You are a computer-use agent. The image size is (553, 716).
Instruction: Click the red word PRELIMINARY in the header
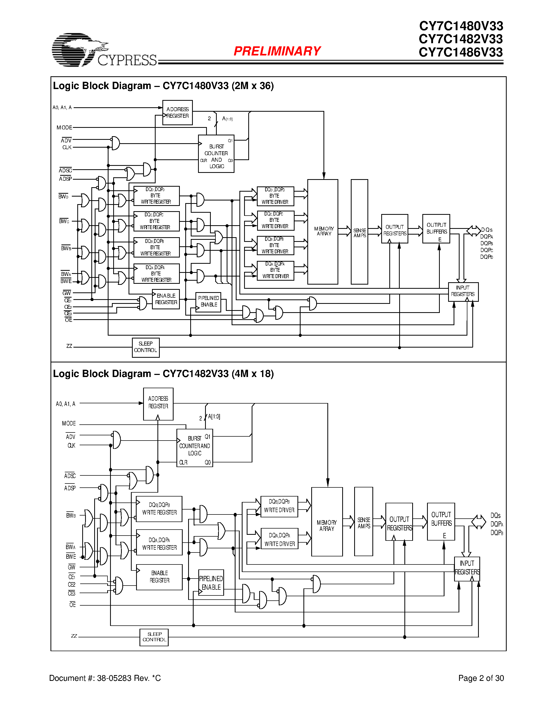point(277,51)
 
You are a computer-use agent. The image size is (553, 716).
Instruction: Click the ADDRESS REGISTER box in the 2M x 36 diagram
point(177,112)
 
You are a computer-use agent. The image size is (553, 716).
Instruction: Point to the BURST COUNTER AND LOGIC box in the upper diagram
point(216,154)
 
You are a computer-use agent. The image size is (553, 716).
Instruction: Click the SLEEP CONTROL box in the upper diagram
point(145,347)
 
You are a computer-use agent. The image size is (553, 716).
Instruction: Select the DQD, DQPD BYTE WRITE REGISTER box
point(156,196)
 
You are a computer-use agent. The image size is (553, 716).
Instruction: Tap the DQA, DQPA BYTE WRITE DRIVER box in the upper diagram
point(275,271)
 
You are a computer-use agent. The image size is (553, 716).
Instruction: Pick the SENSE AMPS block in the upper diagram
point(359,231)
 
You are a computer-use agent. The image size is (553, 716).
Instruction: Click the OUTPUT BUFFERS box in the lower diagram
point(441,522)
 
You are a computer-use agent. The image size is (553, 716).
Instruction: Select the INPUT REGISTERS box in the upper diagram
point(463,291)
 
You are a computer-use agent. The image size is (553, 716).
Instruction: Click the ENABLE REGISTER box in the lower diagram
point(159,577)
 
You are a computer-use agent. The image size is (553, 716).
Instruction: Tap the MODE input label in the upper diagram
point(64,128)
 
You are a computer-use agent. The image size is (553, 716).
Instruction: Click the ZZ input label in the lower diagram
point(74,636)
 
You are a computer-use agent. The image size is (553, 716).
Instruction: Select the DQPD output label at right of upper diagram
point(486,257)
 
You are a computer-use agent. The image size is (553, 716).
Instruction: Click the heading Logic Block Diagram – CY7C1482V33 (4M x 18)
point(163,374)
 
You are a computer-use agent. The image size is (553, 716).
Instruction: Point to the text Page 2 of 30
point(481,678)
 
